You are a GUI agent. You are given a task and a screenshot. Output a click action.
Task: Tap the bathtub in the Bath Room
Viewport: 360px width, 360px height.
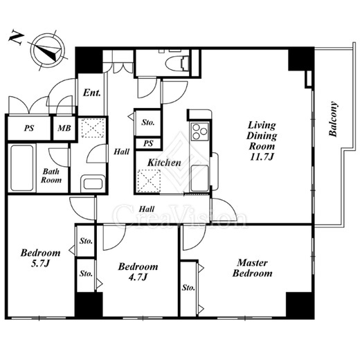point(22,168)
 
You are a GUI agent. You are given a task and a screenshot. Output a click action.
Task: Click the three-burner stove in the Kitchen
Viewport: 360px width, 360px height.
point(199,132)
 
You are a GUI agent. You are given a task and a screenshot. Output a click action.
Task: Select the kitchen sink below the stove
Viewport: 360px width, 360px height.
point(199,178)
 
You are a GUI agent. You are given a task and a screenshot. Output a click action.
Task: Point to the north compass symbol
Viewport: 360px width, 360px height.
point(49,51)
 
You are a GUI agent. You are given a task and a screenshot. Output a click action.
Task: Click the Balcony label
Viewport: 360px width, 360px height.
point(333,119)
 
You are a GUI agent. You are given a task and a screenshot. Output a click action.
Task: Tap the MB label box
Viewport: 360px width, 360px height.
point(64,128)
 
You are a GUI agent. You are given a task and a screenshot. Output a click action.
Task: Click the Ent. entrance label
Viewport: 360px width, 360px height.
point(92,93)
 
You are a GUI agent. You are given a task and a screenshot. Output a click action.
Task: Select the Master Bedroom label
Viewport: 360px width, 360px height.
point(252,268)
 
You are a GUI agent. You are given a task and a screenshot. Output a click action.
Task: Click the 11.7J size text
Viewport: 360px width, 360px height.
point(262,157)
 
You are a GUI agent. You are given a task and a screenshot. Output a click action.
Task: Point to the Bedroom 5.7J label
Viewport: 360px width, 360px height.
point(41,258)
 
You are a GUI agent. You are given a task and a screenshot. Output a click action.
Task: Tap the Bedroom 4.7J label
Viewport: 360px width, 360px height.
point(138,271)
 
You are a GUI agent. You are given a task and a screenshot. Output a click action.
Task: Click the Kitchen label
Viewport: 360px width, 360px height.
point(164,163)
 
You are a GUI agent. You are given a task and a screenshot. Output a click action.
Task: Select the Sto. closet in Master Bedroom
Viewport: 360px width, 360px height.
point(188,289)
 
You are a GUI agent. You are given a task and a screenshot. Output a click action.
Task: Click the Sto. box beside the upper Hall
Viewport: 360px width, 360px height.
point(148,123)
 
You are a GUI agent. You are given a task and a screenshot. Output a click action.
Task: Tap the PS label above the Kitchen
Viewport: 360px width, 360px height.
point(148,143)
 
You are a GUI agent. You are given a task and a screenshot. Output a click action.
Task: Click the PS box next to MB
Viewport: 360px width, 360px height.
point(29,128)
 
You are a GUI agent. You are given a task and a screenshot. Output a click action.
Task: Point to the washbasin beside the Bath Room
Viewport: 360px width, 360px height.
point(93,183)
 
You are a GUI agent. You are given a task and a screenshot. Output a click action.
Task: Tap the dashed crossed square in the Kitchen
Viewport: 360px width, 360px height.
point(149,181)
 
